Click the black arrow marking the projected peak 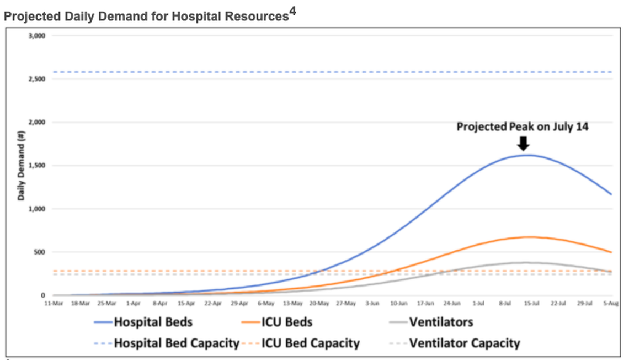(523, 143)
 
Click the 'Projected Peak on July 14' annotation (523, 127)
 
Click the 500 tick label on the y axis (39, 252)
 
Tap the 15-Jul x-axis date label (531, 303)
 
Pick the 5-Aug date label (610, 303)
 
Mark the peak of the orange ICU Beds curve (529, 237)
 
